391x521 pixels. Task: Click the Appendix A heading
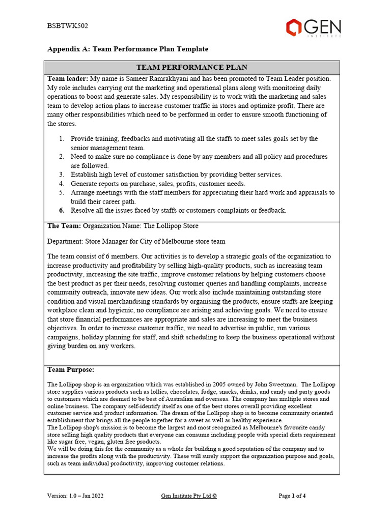128,49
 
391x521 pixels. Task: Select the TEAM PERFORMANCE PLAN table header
192,67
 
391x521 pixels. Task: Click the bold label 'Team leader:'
68,79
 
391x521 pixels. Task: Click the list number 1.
61,138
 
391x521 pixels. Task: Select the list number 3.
61,175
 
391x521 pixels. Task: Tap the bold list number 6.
61,210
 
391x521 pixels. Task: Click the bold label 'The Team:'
64,225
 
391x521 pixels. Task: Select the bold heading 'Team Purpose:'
71,369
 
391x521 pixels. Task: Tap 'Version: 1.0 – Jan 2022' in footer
75,496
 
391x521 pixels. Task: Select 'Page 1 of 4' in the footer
292,496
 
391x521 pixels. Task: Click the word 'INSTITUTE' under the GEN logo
324,36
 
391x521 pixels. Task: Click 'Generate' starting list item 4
85,184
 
